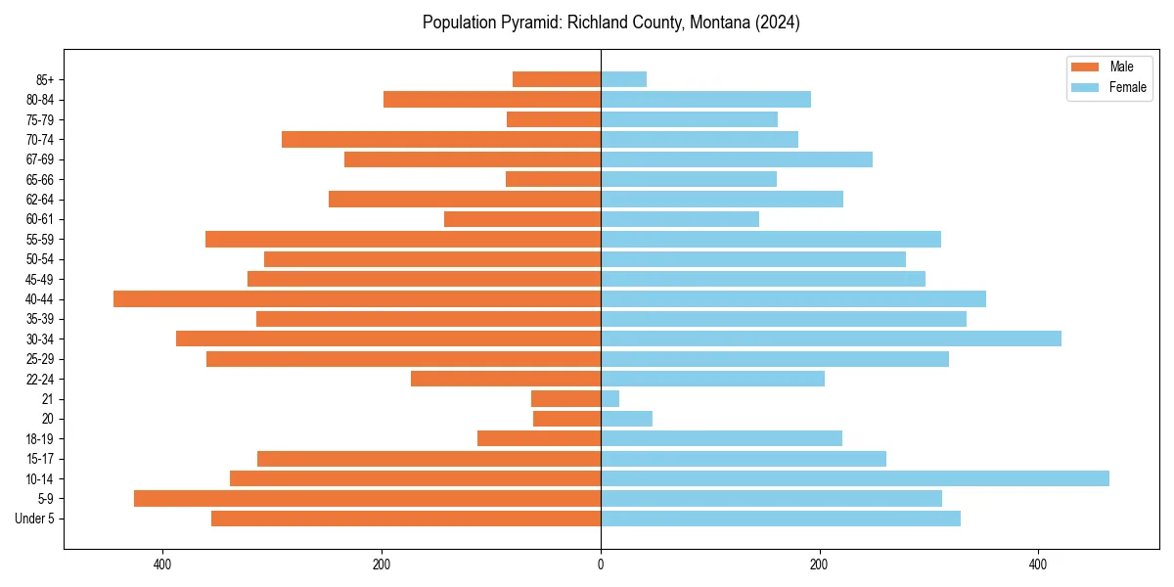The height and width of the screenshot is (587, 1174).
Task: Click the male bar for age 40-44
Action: pyautogui.click(x=357, y=298)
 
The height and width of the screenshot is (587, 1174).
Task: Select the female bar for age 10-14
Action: pyautogui.click(x=855, y=478)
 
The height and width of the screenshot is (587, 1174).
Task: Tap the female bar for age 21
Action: pyautogui.click(x=610, y=398)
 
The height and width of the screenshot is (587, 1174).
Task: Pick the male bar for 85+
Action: pyautogui.click(x=557, y=79)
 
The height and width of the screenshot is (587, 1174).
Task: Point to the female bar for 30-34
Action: pyautogui.click(x=831, y=339)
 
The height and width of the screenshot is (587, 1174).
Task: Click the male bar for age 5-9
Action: pyautogui.click(x=367, y=498)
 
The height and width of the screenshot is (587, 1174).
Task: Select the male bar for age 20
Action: pyautogui.click(x=567, y=419)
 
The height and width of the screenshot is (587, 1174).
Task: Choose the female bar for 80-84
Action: pyautogui.click(x=705, y=99)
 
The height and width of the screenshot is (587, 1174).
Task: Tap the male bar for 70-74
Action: pyautogui.click(x=441, y=139)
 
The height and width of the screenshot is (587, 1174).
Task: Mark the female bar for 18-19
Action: pyautogui.click(x=721, y=438)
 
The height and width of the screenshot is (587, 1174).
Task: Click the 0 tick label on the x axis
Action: pyautogui.click(x=601, y=564)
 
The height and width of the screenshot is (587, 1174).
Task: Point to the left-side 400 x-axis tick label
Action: pyautogui.click(x=162, y=564)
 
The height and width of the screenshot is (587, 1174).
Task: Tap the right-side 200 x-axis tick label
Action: pyautogui.click(x=820, y=564)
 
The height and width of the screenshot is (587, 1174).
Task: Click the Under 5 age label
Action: pyautogui.click(x=35, y=519)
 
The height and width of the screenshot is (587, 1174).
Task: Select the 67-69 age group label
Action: pyautogui.click(x=40, y=159)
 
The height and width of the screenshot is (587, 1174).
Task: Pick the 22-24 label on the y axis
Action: pyautogui.click(x=40, y=379)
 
